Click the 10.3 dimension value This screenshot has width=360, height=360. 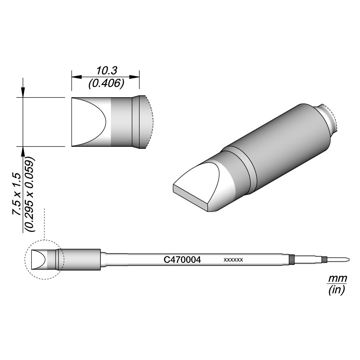tap(106, 71)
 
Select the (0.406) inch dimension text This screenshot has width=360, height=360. tap(106, 84)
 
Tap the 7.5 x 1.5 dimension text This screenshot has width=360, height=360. tap(17, 194)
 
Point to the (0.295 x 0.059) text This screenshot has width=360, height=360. tap(30, 194)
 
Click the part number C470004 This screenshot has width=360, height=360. tap(182, 260)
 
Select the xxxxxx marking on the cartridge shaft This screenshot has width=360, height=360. tap(233, 260)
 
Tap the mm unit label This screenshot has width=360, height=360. tap(337, 279)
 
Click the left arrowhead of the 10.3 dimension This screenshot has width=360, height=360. tap(76, 77)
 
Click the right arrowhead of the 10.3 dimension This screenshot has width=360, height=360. tap(134, 77)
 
